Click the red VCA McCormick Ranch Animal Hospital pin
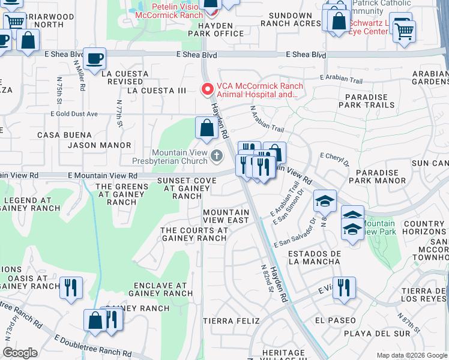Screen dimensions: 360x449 tap(208, 89)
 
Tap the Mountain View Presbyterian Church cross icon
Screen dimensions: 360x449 tap(216, 157)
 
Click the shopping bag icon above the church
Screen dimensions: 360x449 tap(206, 128)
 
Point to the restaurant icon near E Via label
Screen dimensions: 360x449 tap(344, 287)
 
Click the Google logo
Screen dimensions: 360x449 tap(20, 353)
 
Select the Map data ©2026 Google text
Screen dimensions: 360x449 tap(412, 355)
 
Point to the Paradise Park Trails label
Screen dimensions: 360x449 tap(366, 100)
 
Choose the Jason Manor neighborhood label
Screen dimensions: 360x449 tap(99, 145)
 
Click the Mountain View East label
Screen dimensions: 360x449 tap(226, 216)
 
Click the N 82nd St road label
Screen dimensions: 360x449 tap(267, 279)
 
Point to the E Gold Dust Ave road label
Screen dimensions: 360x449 tap(74, 113)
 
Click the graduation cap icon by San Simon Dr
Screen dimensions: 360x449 tap(324, 201)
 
